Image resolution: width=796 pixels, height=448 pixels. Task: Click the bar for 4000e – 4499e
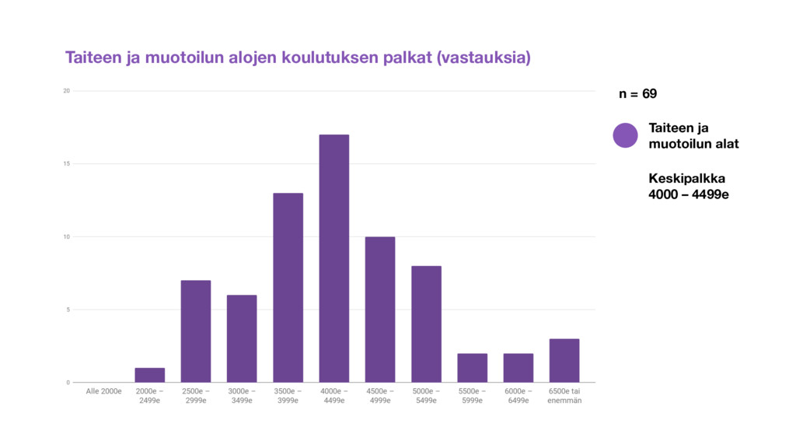[334, 258]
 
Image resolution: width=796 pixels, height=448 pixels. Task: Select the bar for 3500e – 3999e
[288, 288]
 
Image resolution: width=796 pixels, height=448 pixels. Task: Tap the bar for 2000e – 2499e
[150, 375]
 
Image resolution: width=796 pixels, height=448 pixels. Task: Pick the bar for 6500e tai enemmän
[564, 361]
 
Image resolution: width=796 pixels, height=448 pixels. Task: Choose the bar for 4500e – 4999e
[379, 310]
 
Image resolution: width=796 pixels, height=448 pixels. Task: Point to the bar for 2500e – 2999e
[196, 331]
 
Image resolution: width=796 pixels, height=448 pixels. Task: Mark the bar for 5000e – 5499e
[427, 324]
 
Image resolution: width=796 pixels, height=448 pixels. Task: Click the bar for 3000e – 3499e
[242, 339]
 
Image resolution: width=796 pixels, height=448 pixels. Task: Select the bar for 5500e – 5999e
[472, 368]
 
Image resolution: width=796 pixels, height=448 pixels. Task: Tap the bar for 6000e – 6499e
[518, 368]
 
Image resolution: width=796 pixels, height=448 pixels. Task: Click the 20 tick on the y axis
[67, 91]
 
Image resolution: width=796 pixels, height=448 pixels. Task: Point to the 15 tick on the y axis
[67, 163]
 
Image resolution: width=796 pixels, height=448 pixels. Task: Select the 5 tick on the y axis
[68, 310]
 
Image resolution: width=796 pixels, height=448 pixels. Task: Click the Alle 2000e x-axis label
[103, 391]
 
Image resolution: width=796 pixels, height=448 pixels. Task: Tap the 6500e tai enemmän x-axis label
[564, 396]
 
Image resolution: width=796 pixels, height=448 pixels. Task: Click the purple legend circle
[626, 135]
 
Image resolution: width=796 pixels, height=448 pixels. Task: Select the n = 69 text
[638, 94]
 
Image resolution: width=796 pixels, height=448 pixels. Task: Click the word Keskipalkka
[687, 178]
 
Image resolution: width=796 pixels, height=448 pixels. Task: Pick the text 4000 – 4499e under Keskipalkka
[689, 194]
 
